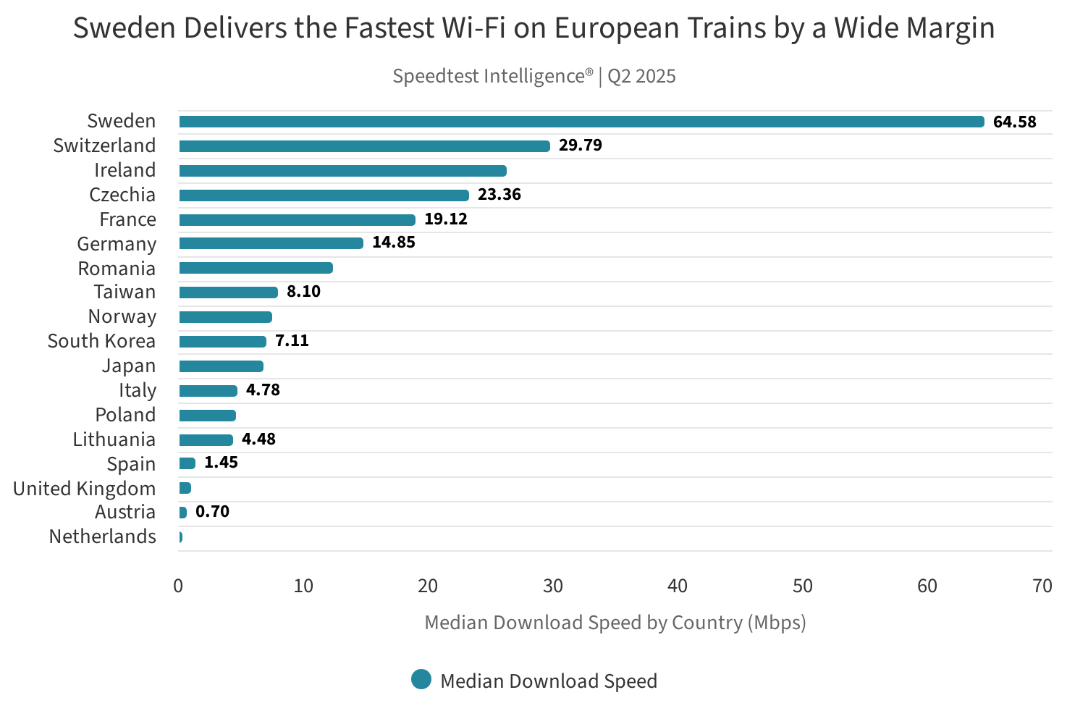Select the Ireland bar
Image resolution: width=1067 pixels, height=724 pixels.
click(342, 171)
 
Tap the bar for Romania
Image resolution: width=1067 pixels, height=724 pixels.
click(256, 268)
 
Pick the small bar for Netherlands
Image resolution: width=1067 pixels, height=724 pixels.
click(180, 537)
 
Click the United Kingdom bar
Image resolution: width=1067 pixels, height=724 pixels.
click(185, 488)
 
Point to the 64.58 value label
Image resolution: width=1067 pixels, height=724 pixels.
click(1014, 122)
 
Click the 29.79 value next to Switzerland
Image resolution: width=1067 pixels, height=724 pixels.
click(580, 146)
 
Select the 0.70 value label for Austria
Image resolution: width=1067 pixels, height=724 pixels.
click(212, 512)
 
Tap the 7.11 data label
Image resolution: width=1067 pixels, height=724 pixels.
click(292, 341)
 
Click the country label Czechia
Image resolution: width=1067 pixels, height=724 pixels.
click(122, 195)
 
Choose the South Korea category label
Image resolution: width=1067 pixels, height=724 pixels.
click(101, 341)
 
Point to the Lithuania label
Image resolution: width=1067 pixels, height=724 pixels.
click(114, 439)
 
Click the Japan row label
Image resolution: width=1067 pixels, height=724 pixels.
click(128, 366)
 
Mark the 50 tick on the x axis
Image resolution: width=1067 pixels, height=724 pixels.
click(802, 586)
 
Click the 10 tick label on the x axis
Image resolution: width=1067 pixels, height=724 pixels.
click(303, 586)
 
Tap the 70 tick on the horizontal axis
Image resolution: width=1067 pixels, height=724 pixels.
click(1042, 586)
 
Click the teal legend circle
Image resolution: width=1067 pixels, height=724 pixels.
click(421, 680)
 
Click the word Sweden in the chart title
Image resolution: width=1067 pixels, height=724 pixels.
click(124, 28)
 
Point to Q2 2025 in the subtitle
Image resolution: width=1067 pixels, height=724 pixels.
click(641, 76)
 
